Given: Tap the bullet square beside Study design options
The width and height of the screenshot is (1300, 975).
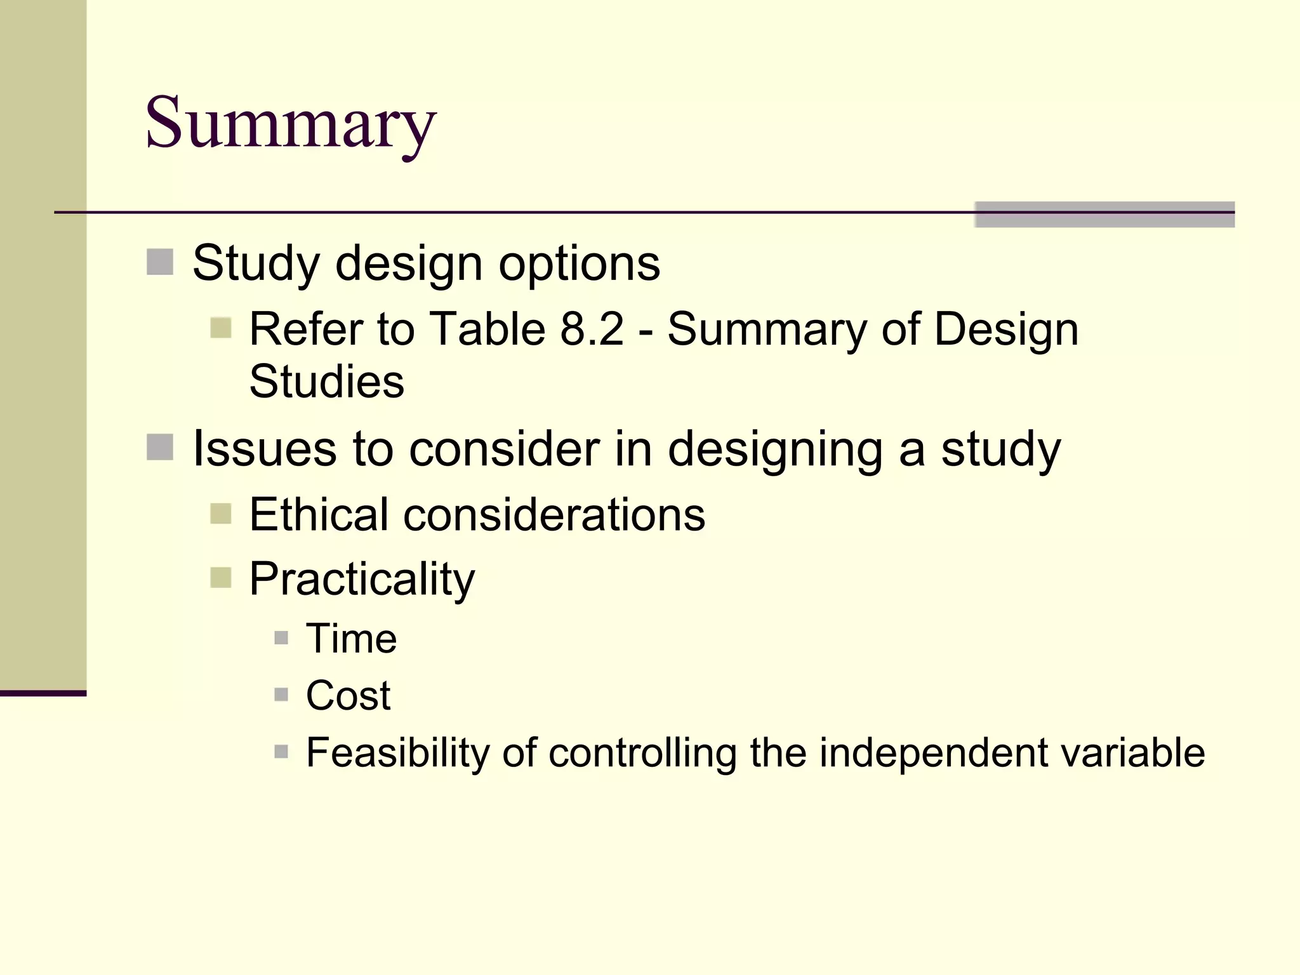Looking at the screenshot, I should (160, 262).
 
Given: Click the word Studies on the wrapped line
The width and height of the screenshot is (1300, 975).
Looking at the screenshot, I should (326, 381).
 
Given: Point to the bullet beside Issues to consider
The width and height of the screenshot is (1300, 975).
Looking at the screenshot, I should (160, 447).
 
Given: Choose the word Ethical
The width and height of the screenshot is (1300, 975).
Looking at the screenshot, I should (319, 514).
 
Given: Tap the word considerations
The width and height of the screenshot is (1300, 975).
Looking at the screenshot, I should (554, 515).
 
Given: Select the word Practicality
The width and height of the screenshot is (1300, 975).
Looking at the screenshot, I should (362, 579).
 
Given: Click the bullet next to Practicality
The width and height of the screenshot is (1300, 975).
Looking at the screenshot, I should (221, 578).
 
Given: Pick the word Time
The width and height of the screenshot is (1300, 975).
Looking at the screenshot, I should (351, 639).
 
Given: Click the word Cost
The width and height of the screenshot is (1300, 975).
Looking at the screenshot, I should (348, 695).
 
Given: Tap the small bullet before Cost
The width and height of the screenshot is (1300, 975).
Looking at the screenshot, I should (281, 694).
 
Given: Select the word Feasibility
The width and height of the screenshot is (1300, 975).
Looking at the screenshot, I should (397, 753).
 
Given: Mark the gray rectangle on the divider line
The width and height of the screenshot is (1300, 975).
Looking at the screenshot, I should (1104, 215).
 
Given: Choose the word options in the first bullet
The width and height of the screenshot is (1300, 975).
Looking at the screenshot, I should (579, 264).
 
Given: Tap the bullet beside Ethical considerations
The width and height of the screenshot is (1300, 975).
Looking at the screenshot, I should (221, 514).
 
